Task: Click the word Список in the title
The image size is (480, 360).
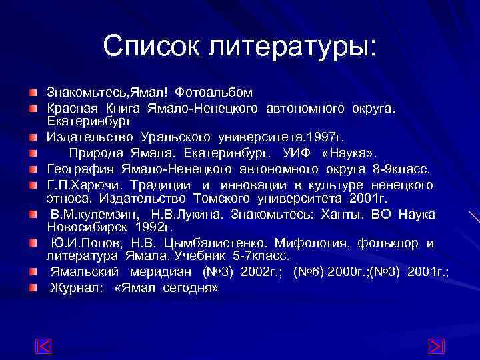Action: pos(152,46)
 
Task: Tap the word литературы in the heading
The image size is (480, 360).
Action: pos(291,46)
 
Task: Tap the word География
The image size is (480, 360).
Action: pos(80,168)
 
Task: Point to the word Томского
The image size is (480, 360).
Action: pos(221,198)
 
